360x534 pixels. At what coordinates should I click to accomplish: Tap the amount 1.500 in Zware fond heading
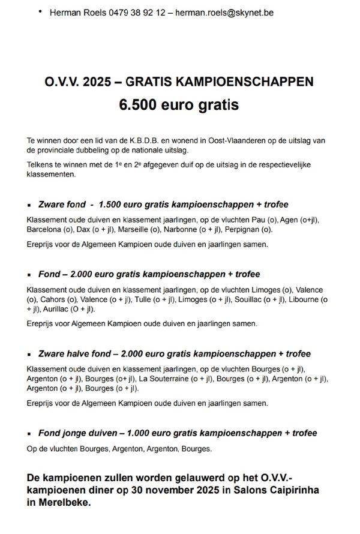pyautogui.click(x=113, y=204)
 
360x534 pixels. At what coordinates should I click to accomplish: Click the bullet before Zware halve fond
pyautogui.click(x=29, y=355)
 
